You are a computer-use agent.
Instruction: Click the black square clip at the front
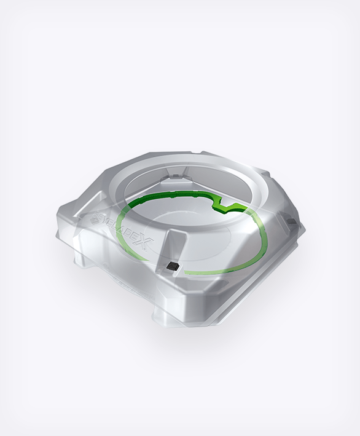(x=173, y=265)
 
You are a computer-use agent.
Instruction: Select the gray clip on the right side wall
(x=289, y=220)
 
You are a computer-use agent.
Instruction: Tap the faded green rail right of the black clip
(x=209, y=271)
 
